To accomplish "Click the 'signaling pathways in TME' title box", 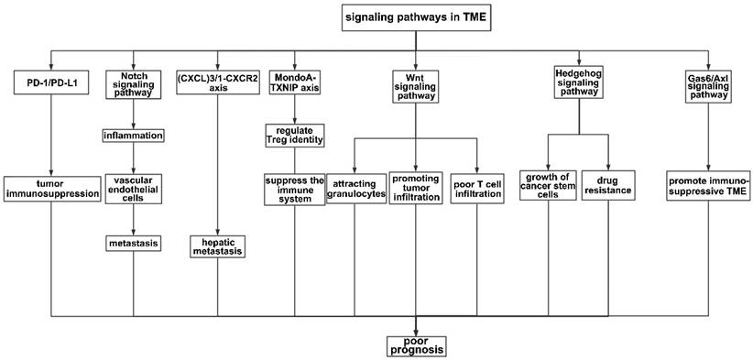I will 416,16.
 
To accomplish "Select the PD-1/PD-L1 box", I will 50,84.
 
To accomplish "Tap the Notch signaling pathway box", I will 134,84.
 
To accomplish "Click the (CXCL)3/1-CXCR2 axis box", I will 217,84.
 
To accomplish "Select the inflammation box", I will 134,136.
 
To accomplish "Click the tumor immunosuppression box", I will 50,187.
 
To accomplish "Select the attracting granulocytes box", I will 355,187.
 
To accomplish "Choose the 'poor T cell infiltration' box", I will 476,187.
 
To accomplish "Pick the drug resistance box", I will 609,187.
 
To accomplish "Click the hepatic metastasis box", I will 217,245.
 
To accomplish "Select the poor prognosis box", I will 416,344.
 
